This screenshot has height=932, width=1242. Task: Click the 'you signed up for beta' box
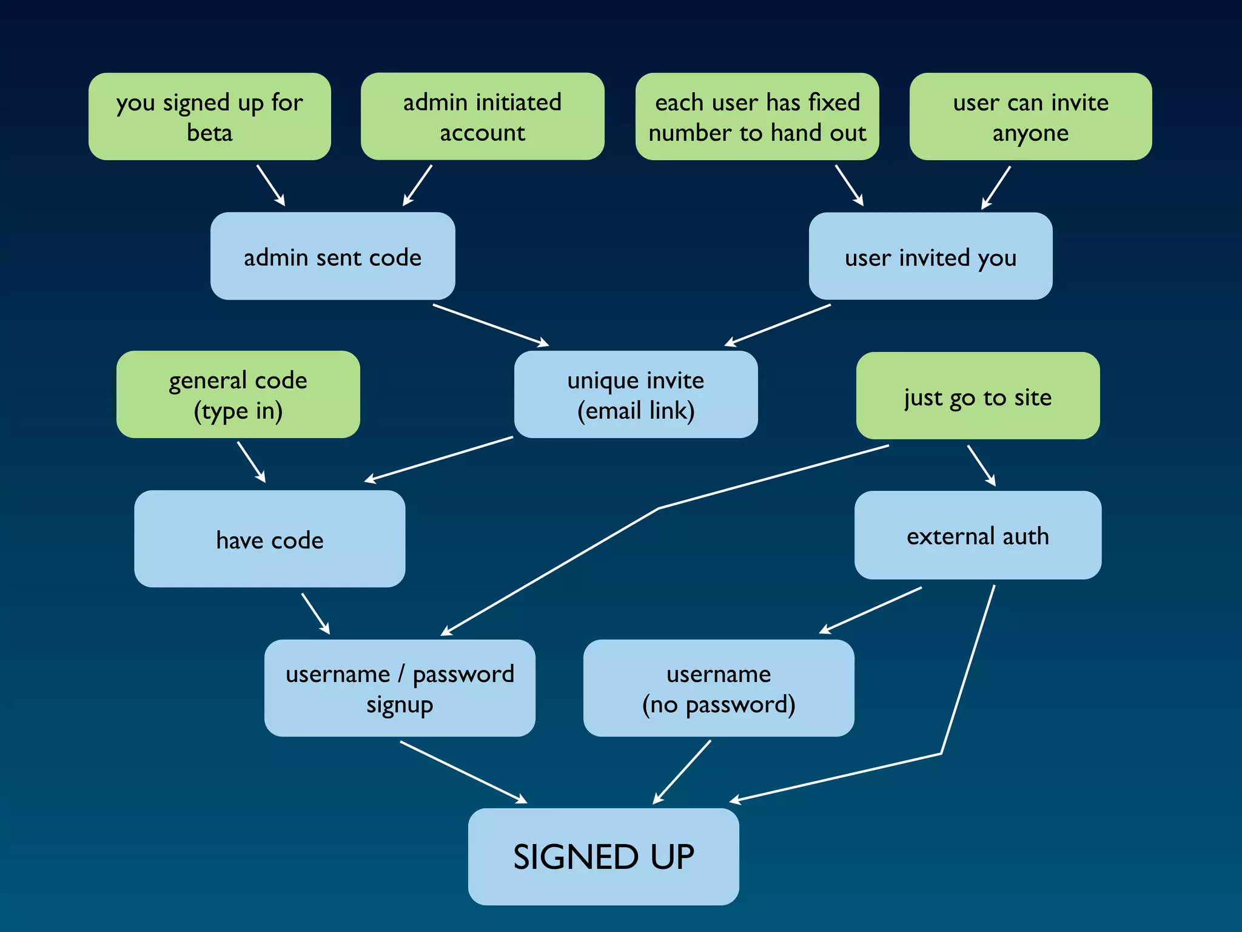click(209, 116)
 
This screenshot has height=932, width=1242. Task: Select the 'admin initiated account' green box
click(482, 116)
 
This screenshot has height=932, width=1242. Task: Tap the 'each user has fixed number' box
click(757, 116)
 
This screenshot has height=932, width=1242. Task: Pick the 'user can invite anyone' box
click(1030, 116)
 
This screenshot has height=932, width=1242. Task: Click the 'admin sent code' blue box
click(332, 256)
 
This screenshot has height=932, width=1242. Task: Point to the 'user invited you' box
click(930, 256)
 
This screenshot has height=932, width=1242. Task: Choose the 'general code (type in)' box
click(238, 394)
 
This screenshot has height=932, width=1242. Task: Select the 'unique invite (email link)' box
click(636, 394)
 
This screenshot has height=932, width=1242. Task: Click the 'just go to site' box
click(978, 396)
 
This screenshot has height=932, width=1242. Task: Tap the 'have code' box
click(269, 539)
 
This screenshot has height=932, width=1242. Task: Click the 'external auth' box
click(978, 535)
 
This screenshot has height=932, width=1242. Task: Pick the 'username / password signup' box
click(400, 688)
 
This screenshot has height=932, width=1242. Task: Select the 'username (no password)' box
click(719, 688)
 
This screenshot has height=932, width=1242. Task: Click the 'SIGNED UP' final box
click(603, 856)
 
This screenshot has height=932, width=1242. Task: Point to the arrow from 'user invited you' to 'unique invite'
click(778, 325)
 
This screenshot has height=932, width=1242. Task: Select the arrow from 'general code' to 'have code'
click(251, 462)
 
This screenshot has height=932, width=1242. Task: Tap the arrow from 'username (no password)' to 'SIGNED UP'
click(682, 772)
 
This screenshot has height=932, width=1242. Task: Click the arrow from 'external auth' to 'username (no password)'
click(871, 610)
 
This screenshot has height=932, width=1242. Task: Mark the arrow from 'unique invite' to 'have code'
click(439, 459)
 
